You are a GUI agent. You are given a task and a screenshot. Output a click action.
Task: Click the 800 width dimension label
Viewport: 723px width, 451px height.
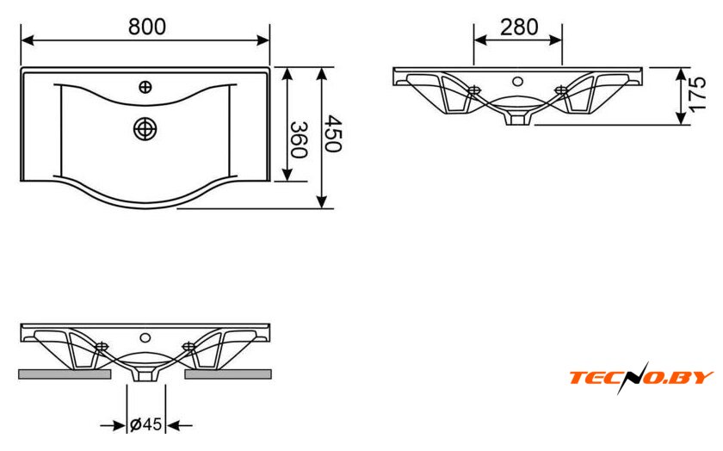pos(146,26)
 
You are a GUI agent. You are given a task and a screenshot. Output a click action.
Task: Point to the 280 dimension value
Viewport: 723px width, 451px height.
pos(519,27)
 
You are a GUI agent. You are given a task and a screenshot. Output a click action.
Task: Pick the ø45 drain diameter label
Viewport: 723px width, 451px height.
pos(146,424)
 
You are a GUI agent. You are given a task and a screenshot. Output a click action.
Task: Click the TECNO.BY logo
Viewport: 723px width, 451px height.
pos(640,377)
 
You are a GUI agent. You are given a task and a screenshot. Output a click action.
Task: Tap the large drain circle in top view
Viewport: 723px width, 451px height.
pos(145,128)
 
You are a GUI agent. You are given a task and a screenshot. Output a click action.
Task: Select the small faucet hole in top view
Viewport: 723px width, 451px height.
pos(145,86)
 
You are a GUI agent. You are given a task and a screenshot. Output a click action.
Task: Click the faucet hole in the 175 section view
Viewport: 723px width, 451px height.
pos(517,82)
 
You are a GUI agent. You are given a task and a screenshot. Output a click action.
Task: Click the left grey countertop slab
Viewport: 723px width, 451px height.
pos(65,374)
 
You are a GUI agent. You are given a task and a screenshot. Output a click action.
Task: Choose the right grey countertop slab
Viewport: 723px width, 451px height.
pos(228,374)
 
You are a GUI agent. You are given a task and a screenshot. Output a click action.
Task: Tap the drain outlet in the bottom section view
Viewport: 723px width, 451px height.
pos(145,374)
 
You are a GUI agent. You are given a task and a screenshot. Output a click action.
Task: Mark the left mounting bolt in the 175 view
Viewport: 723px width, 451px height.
pos(473,89)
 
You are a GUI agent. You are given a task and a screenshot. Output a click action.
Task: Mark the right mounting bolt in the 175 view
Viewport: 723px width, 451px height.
pos(563,89)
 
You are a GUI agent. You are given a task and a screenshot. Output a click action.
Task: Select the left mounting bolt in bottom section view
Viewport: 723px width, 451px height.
pos(102,347)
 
